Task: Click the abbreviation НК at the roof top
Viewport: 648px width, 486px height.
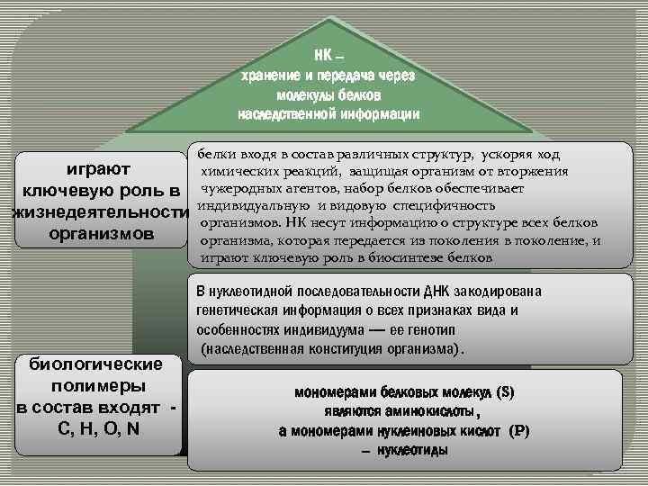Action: (x=321, y=58)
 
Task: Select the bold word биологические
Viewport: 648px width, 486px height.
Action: (x=95, y=364)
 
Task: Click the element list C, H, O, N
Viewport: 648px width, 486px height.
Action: (x=97, y=427)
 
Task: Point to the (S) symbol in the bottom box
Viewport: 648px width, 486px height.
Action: (x=505, y=392)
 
